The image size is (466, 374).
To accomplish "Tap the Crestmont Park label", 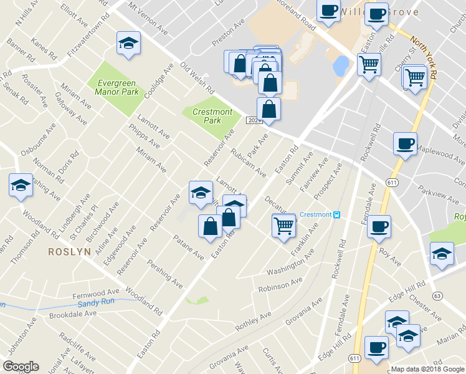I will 212,115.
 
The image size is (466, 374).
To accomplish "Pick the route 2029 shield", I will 253,120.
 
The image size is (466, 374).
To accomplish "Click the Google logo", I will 21,367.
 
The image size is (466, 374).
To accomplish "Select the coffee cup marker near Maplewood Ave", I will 405,144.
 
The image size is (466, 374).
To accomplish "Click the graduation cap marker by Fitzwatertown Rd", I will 128,44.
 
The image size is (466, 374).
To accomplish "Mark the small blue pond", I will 341,65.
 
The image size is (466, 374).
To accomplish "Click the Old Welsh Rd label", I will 196,77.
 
